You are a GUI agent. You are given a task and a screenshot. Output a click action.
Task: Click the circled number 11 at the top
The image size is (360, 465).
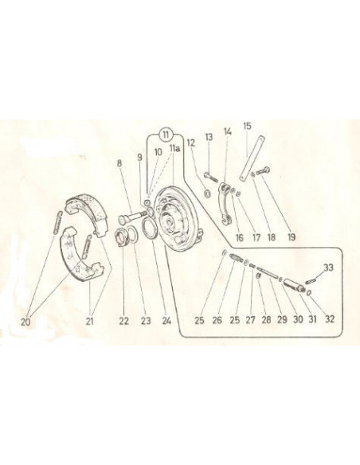pyautogui.click(x=166, y=135)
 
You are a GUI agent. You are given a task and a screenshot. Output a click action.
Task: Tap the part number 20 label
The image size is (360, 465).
pyautogui.click(x=25, y=322)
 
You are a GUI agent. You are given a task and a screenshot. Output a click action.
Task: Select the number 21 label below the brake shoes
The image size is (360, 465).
pyautogui.click(x=90, y=321)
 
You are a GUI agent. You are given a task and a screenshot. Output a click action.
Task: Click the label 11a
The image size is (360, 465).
pyautogui.click(x=174, y=148)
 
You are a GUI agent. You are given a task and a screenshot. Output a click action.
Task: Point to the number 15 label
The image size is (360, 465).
pyautogui.click(x=247, y=126)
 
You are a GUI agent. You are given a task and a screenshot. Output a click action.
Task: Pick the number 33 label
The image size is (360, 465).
pyautogui.click(x=328, y=268)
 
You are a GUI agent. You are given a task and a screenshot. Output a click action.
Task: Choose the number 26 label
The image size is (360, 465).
pyautogui.click(x=217, y=320)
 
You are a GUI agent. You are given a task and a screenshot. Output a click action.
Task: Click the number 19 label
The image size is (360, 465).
pyautogui.click(x=292, y=236)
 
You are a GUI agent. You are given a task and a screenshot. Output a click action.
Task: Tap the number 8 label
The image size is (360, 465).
pyautogui.click(x=119, y=162)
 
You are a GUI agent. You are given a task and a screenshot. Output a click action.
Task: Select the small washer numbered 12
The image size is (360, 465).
pyautogui.click(x=208, y=194)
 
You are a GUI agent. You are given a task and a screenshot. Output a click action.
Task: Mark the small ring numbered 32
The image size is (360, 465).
pyautogui.click(x=309, y=293)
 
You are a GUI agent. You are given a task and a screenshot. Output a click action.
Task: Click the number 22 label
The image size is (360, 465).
pyautogui.click(x=124, y=321)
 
